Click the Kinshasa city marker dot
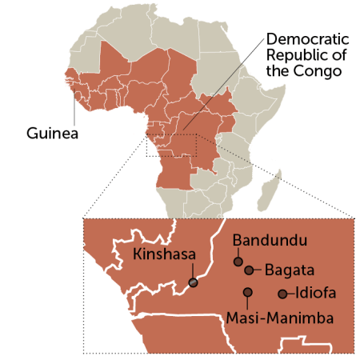(x=193, y=282)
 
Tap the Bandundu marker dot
(x=238, y=262)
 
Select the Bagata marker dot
(x=249, y=270)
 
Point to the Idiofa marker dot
(x=282, y=294)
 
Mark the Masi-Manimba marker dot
(x=248, y=292)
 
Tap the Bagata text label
(x=288, y=270)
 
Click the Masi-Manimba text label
(x=280, y=318)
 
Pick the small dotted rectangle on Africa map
(x=171, y=145)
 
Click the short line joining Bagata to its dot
(x=258, y=270)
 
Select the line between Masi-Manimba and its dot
(x=248, y=302)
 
